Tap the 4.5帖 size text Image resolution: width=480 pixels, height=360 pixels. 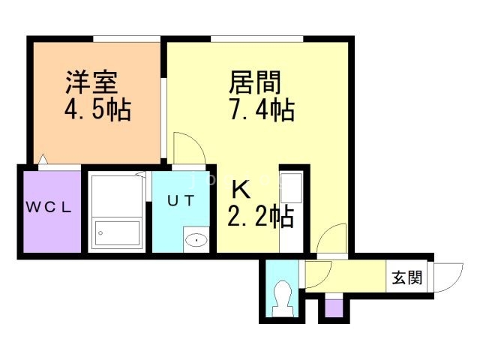96,110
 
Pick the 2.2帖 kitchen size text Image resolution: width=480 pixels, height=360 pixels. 259,217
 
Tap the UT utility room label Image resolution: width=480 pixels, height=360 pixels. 181,201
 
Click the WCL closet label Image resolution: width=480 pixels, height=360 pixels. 50,209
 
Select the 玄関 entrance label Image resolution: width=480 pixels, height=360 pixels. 406,278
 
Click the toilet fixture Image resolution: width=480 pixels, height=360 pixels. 283,296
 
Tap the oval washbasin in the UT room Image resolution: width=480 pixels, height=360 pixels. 196,240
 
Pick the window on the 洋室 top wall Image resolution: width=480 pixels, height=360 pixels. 126,37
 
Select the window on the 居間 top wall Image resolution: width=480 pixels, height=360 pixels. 257,37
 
